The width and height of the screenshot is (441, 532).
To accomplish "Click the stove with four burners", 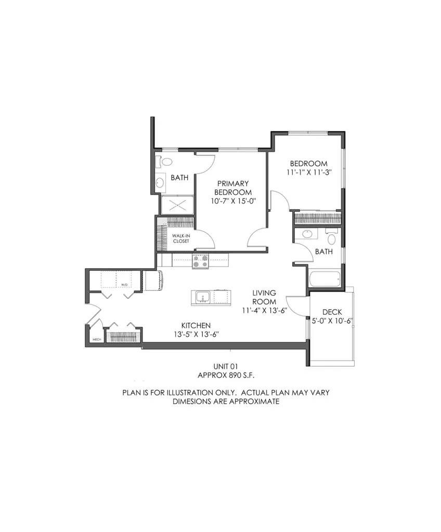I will (200, 261).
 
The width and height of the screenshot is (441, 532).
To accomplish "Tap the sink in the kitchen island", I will (202, 297).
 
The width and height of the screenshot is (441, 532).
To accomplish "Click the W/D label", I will (124, 285).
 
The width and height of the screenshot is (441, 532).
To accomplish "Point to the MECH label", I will (96, 339).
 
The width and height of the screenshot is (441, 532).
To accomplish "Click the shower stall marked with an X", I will (177, 205).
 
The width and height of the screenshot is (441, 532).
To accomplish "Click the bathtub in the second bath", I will (325, 278).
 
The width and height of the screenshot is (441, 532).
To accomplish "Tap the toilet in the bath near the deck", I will (331, 238).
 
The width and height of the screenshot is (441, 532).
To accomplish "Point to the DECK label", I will (332, 312).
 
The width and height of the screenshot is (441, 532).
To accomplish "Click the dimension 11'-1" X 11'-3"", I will (308, 172).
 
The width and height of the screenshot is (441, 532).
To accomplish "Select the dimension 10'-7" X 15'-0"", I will (233, 201).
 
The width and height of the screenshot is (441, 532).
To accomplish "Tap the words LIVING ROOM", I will (264, 297).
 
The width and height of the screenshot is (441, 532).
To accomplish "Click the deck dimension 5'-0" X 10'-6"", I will (332, 321).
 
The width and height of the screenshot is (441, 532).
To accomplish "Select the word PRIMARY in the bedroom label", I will (233, 183).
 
